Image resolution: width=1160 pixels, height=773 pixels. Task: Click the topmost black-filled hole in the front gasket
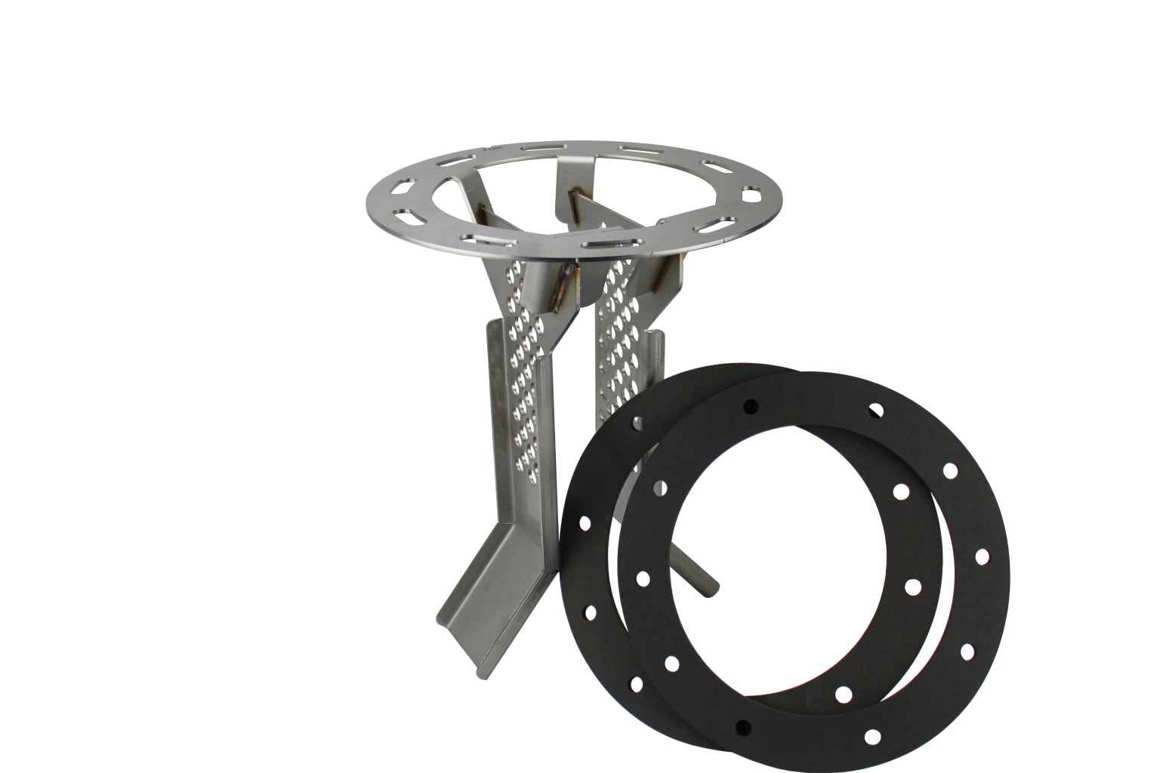click(750, 406)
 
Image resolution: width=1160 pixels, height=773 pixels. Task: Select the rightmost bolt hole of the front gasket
click(982, 557)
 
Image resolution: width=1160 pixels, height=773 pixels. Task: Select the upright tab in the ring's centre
click(568, 198)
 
